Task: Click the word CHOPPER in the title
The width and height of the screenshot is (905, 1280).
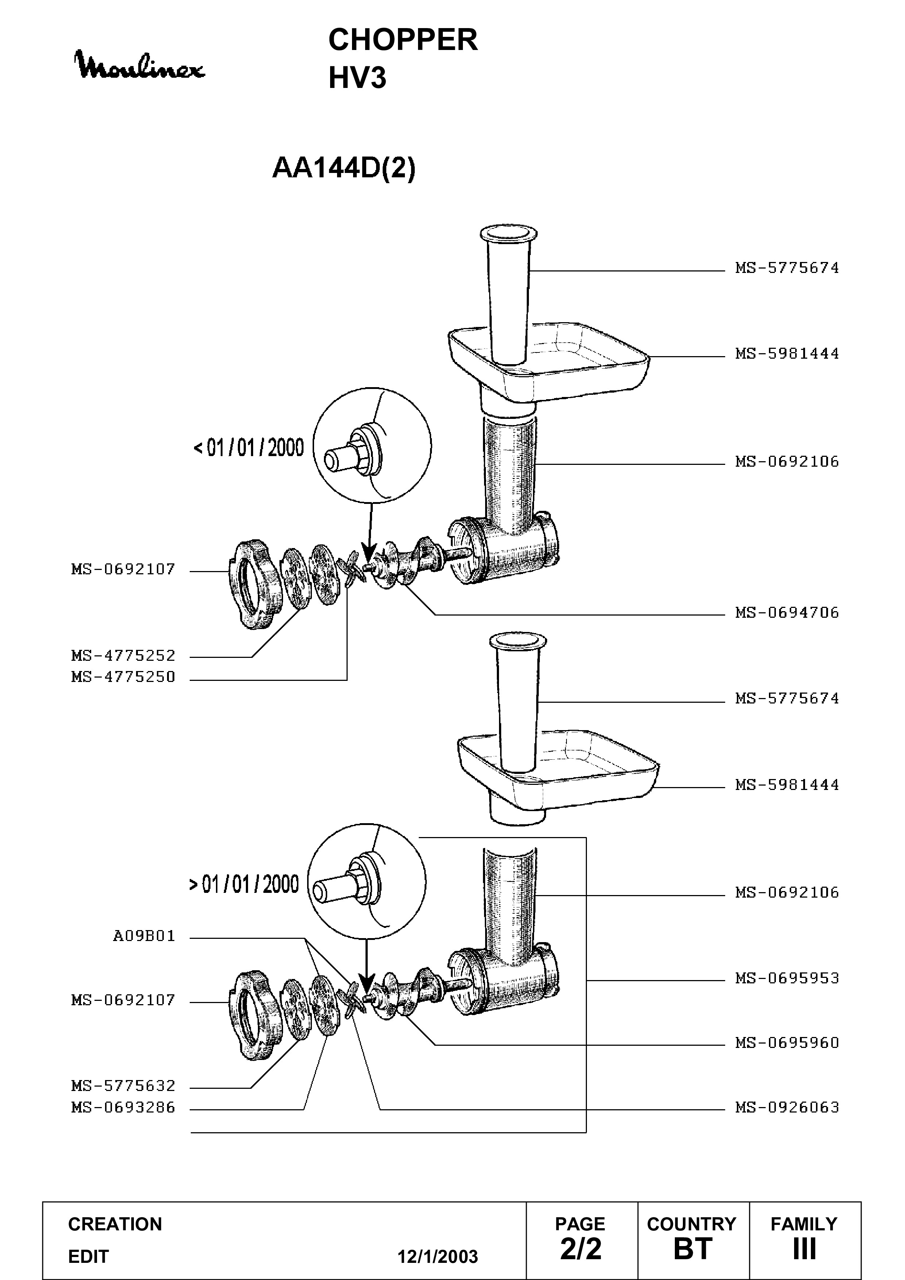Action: [403, 40]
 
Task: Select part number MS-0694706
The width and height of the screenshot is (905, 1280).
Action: [787, 613]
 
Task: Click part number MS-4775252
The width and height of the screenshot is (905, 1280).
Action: [123, 656]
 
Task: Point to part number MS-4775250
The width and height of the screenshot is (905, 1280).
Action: [123, 677]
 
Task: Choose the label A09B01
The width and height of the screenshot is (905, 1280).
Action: [144, 936]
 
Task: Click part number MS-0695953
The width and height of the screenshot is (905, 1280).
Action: [787, 978]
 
